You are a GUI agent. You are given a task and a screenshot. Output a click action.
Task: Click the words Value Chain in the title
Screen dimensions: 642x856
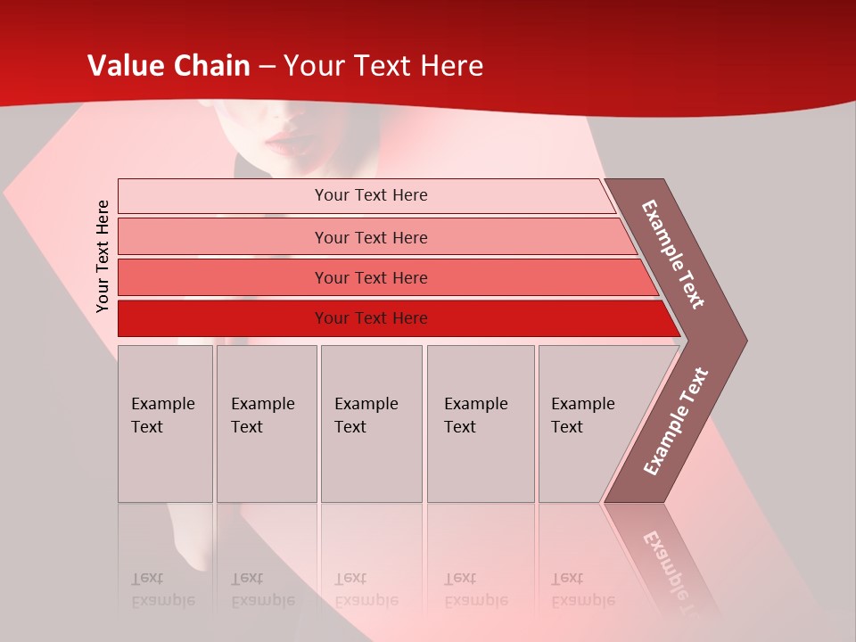pos(169,66)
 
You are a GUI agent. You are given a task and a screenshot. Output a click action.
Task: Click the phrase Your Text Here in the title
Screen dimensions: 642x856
pos(383,66)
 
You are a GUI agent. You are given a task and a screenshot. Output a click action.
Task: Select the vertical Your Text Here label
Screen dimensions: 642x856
pos(103,256)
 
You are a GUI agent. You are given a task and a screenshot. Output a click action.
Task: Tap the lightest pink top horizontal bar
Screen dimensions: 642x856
pos(370,195)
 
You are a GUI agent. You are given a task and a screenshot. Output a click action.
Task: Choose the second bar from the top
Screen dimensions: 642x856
pos(370,237)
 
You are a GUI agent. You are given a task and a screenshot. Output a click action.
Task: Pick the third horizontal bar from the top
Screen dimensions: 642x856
pos(370,277)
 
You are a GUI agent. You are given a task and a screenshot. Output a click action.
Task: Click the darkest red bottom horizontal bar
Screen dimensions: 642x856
pos(370,318)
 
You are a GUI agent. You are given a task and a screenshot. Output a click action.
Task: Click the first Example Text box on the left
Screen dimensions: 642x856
pos(165,424)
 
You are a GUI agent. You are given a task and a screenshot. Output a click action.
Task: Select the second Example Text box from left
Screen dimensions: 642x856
pos(266,424)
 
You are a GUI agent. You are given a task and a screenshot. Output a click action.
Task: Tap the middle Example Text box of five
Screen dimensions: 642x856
pos(371,424)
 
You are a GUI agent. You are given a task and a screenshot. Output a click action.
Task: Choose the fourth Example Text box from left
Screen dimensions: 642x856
pos(480,424)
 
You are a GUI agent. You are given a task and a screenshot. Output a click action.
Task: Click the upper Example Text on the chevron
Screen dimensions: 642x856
pos(673,254)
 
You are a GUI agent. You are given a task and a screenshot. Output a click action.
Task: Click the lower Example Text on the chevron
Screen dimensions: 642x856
pos(675,422)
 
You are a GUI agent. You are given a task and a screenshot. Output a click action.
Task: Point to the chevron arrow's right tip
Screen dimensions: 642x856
pos(745,340)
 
